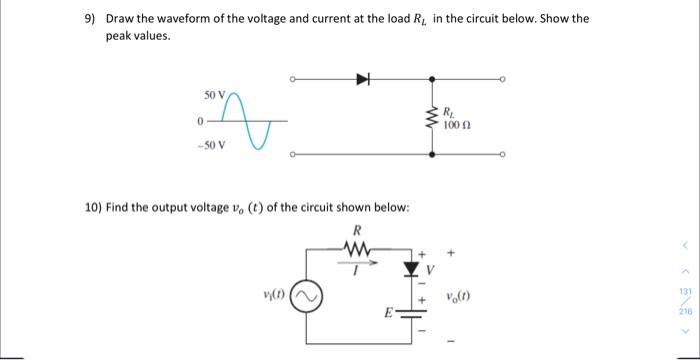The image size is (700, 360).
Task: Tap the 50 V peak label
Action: pyautogui.click(x=215, y=96)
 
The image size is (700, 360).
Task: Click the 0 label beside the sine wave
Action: pyautogui.click(x=200, y=121)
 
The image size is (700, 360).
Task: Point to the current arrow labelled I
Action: pyautogui.click(x=357, y=266)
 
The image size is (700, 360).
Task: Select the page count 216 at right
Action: pyautogui.click(x=685, y=312)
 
